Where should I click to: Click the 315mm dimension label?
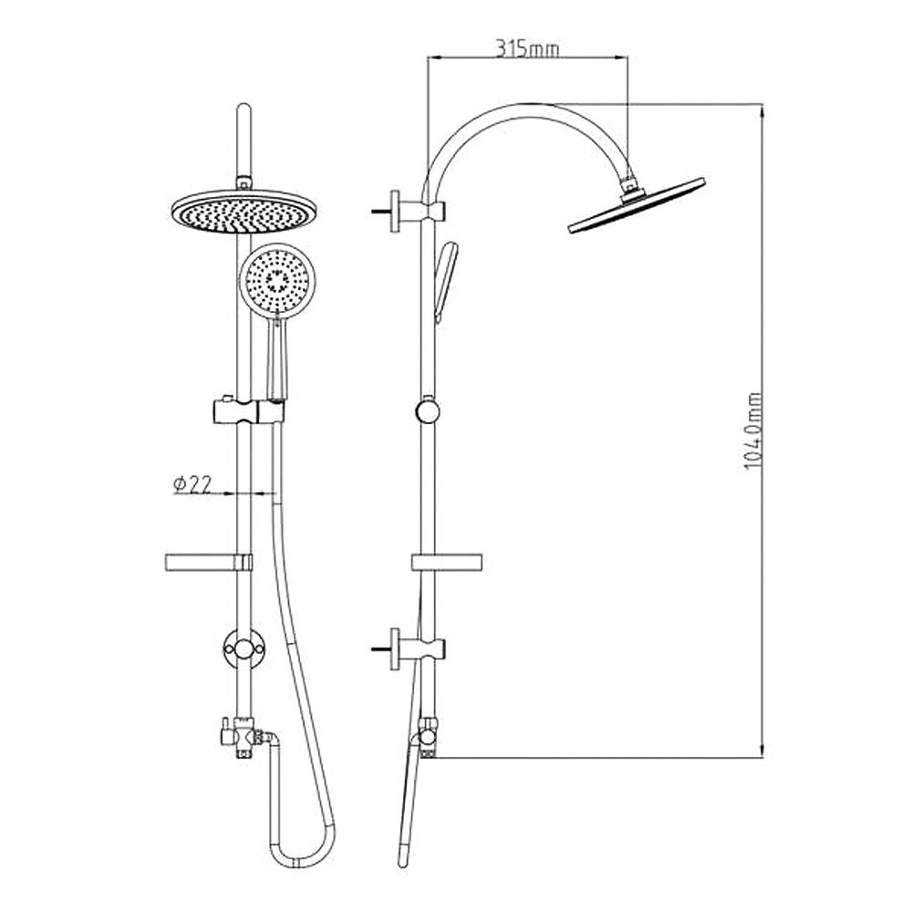coord(527,49)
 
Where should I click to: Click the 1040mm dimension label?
coord(753,431)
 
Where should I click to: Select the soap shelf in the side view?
coord(447,562)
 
